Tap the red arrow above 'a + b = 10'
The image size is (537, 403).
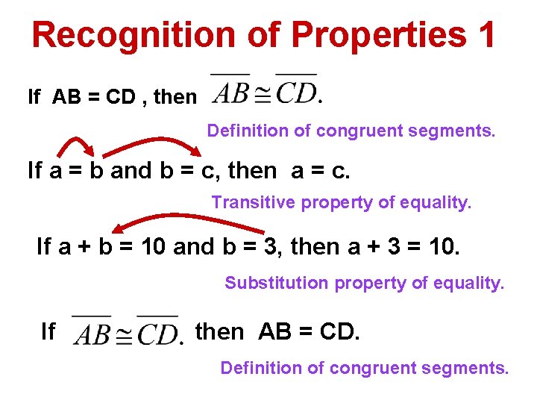172,222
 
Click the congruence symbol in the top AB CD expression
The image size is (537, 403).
263,96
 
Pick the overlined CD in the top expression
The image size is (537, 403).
296,91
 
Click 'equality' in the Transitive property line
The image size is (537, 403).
438,202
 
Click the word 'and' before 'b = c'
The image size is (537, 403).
131,171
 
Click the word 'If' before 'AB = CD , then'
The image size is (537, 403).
34,97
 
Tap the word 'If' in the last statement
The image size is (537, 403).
48,331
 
